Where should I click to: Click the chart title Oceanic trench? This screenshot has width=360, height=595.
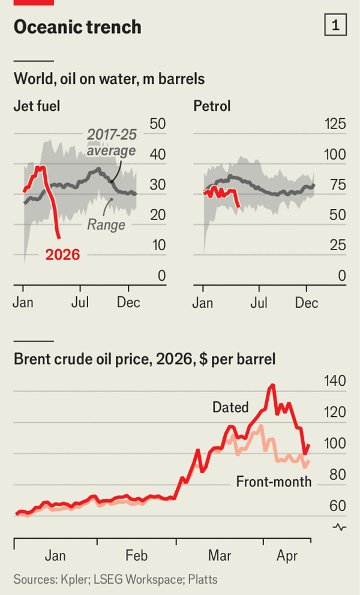pos(77,27)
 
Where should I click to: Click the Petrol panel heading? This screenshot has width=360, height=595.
pos(212,107)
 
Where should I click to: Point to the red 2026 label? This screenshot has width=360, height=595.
pos(63,254)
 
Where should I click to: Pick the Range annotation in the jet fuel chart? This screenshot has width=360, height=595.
pos(106,225)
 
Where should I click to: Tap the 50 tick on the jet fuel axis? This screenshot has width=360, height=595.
pos(158,124)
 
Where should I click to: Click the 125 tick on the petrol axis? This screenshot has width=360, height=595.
pos(335,124)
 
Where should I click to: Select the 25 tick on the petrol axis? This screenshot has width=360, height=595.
pos(338,245)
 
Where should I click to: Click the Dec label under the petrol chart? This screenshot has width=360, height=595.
pos(307,302)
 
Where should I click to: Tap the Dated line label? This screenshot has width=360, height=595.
pos(230,408)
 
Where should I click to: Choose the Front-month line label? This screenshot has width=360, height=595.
pos(274,482)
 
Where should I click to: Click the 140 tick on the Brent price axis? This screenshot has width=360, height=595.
pos(335,381)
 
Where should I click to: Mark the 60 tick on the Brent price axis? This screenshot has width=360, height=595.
pos(338,506)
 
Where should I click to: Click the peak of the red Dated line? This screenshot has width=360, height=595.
pos(272,385)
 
